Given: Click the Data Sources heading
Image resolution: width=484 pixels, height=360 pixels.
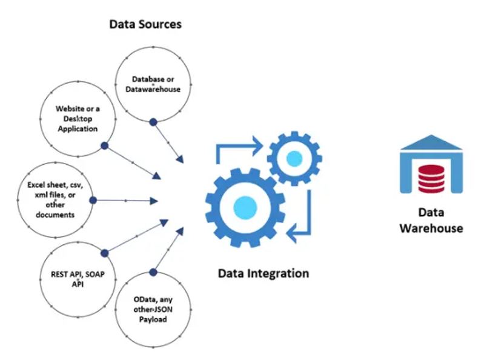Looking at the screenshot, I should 145,25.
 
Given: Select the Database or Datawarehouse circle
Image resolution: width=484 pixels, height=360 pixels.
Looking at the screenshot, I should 153,85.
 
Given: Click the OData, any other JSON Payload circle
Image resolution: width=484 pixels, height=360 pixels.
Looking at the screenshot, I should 153,308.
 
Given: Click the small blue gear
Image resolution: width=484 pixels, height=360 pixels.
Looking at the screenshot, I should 293,159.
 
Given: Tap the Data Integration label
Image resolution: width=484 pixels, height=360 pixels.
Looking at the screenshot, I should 263,273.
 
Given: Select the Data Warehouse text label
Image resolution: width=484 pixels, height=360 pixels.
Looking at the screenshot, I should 431,221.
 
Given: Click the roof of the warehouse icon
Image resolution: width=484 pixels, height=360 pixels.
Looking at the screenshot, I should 431,144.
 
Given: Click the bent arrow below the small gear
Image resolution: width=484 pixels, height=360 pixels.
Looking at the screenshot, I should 300,218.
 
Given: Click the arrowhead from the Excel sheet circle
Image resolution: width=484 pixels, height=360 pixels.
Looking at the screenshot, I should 154,200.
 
